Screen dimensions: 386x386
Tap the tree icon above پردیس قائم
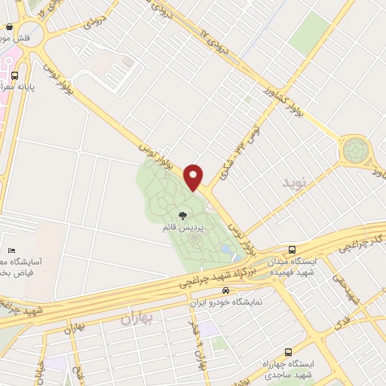pos(182,216)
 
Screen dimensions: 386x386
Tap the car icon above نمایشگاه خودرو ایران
pos(225,291)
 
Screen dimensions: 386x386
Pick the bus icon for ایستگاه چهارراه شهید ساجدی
pos(289,352)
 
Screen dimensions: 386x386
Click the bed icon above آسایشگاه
pos(11,250)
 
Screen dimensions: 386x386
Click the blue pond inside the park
pos(225,250)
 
